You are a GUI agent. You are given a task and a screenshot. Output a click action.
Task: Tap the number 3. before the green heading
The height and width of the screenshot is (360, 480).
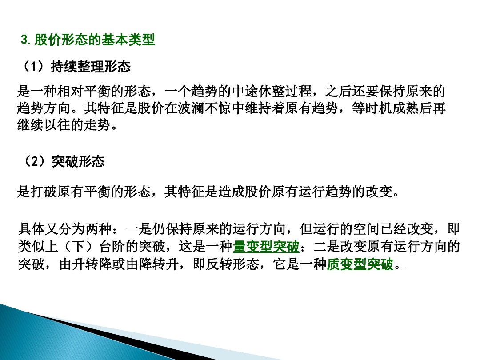click(26, 40)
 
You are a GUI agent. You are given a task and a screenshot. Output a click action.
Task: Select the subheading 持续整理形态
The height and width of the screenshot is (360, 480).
click(91, 67)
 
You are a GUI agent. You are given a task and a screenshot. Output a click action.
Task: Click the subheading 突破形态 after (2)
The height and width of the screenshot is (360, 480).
click(78, 161)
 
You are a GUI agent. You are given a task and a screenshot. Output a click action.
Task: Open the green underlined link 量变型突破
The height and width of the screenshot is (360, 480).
click(266, 246)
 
